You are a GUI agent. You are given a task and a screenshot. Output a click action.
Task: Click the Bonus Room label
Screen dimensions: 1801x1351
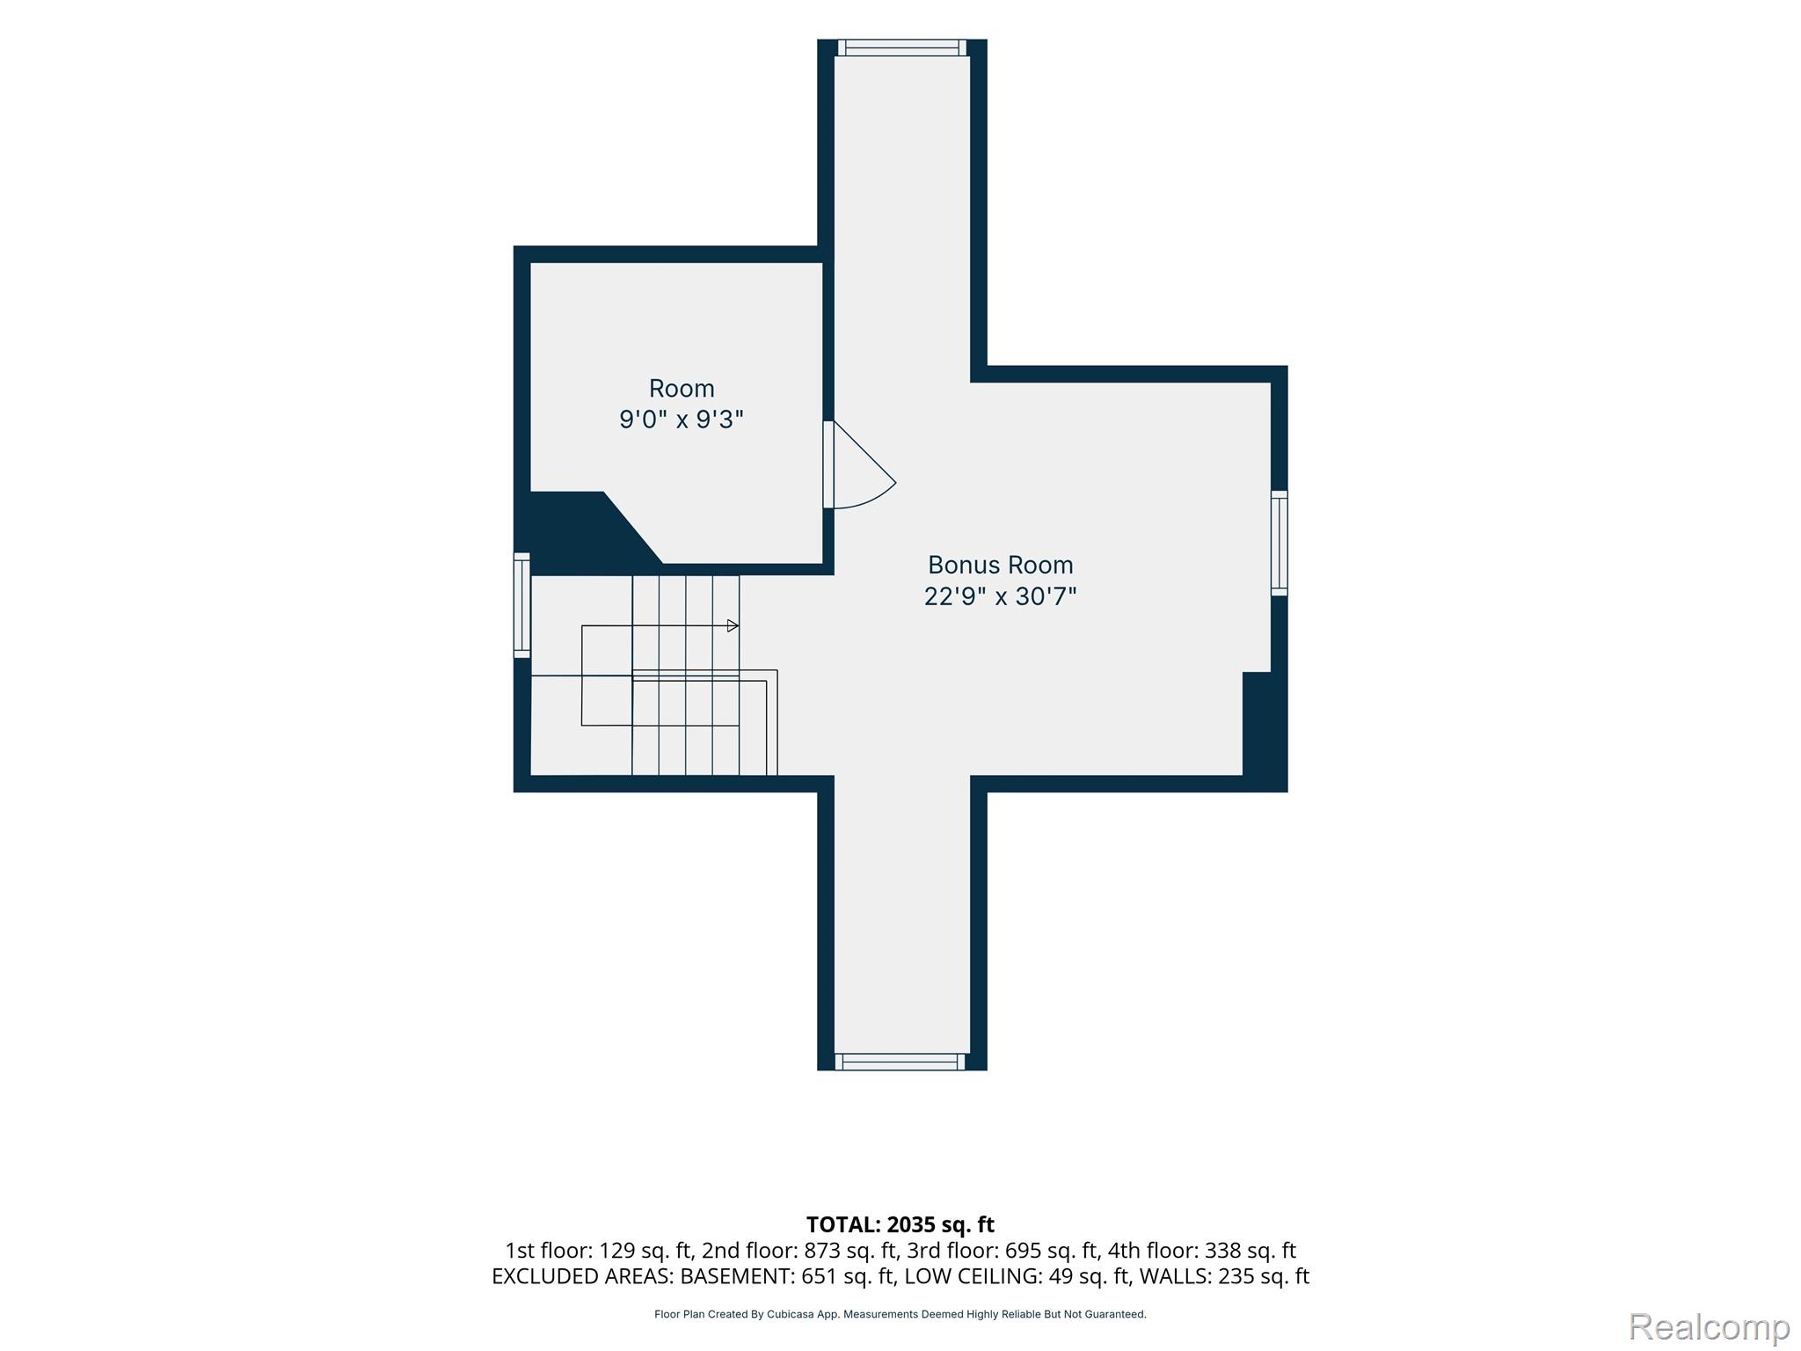click(x=1001, y=565)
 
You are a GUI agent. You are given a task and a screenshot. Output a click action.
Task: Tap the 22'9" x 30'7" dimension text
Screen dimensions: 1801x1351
click(x=1001, y=596)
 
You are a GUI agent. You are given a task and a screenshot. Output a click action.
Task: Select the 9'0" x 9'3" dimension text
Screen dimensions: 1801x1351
click(x=682, y=420)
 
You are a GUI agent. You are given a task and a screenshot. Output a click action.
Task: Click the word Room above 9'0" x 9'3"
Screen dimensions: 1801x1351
click(x=682, y=388)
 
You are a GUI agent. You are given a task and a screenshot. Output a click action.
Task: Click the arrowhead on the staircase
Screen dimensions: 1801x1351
click(x=733, y=626)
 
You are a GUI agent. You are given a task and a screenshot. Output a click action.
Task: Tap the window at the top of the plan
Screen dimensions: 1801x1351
click(x=902, y=47)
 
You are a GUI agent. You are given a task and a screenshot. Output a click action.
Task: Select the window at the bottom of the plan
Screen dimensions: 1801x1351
click(x=900, y=1062)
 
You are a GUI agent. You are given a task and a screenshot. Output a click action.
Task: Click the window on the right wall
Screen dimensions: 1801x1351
click(x=1280, y=543)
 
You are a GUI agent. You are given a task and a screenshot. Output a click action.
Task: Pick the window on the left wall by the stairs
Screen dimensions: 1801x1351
click(x=522, y=605)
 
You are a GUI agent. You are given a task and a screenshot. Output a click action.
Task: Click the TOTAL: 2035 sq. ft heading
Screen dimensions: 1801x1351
click(x=900, y=1224)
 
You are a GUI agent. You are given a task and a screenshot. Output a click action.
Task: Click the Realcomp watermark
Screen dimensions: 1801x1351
click(x=1710, y=1326)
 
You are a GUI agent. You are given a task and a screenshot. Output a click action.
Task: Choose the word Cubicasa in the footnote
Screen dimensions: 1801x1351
click(x=789, y=1314)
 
